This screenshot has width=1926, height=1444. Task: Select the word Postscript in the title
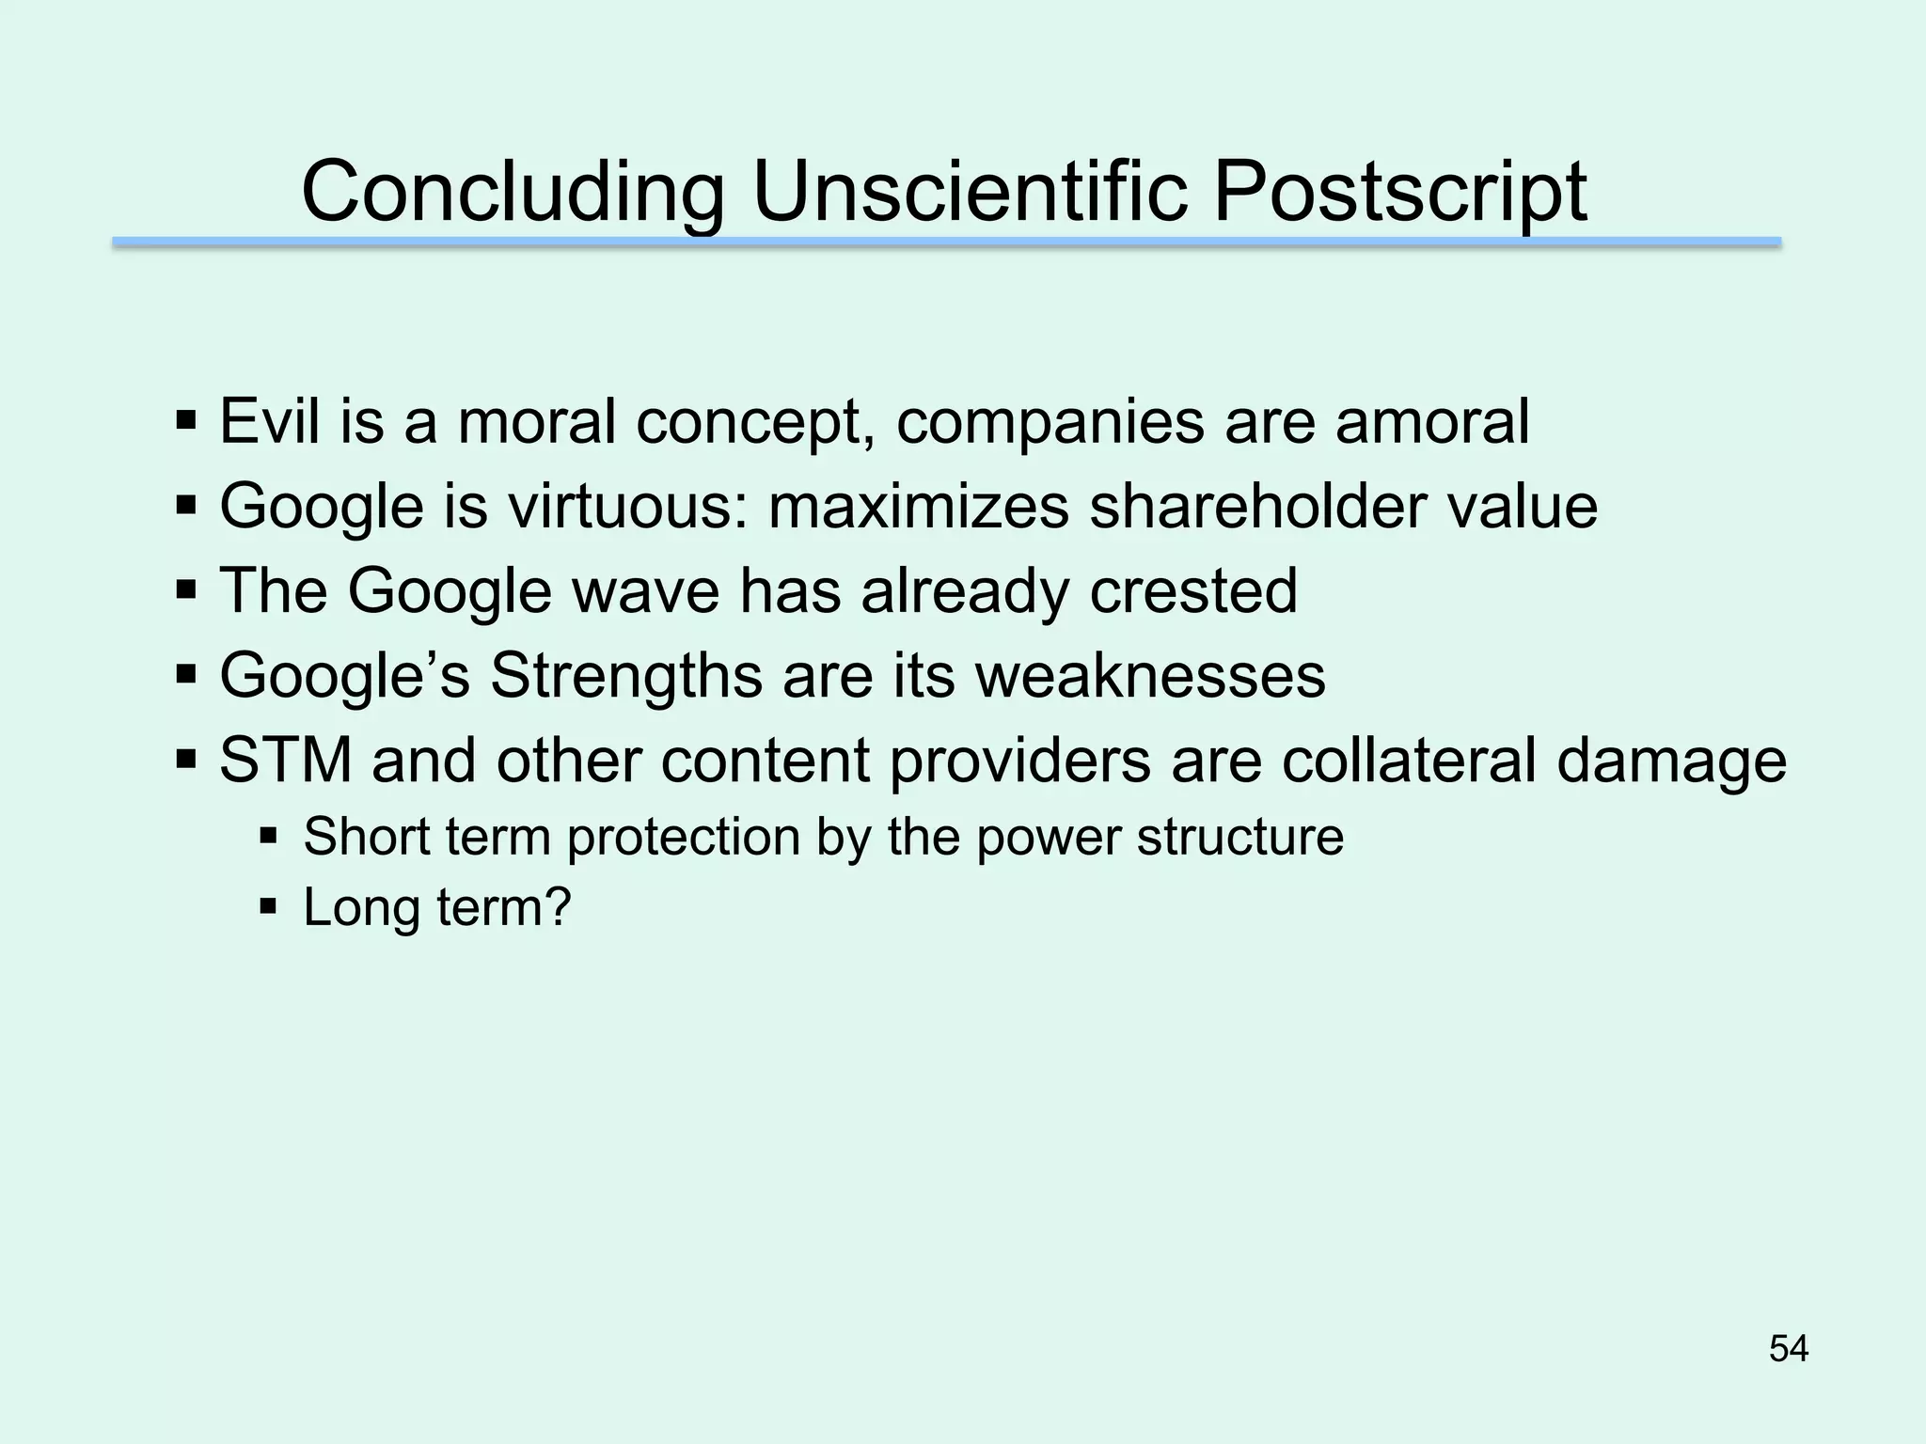[1399, 193]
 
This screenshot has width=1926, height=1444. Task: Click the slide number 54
[1788, 1349]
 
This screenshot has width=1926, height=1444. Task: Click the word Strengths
[626, 675]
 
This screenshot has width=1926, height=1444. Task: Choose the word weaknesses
[1150, 675]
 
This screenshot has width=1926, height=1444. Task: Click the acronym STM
[286, 760]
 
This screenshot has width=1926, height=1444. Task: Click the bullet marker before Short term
[268, 834]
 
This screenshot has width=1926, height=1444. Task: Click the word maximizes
[918, 506]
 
